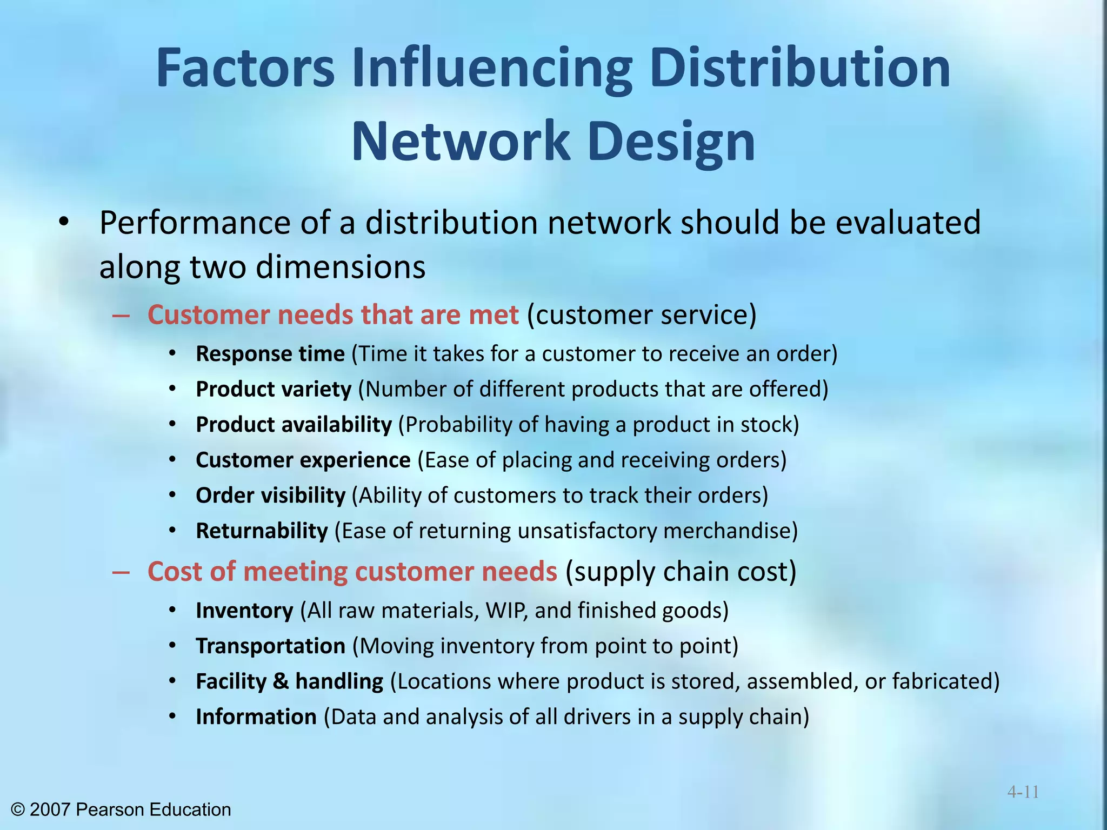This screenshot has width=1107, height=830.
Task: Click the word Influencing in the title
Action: [x=492, y=69]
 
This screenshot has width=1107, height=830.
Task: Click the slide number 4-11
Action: [x=1023, y=792]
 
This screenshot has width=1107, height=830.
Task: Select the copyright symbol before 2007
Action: [x=18, y=809]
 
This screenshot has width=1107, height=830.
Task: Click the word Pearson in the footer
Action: [x=111, y=809]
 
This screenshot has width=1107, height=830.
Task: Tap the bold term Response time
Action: [x=270, y=354]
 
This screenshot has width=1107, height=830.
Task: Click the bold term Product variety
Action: [x=274, y=390]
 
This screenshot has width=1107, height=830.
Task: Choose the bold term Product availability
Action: [x=294, y=425]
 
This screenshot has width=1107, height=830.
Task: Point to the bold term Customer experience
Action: [x=303, y=460]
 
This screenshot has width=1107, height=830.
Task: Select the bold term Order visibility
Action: [x=270, y=496]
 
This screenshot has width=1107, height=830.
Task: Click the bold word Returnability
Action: [x=262, y=531]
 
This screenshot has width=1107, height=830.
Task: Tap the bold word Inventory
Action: [x=244, y=611]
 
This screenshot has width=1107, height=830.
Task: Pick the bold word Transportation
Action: [x=270, y=646]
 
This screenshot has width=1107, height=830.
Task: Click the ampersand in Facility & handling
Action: [x=281, y=681]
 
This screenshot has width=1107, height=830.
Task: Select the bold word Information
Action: [x=256, y=717]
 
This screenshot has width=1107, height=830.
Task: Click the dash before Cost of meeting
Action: [x=121, y=572]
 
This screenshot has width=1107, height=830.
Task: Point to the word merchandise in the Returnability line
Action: [x=727, y=531]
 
